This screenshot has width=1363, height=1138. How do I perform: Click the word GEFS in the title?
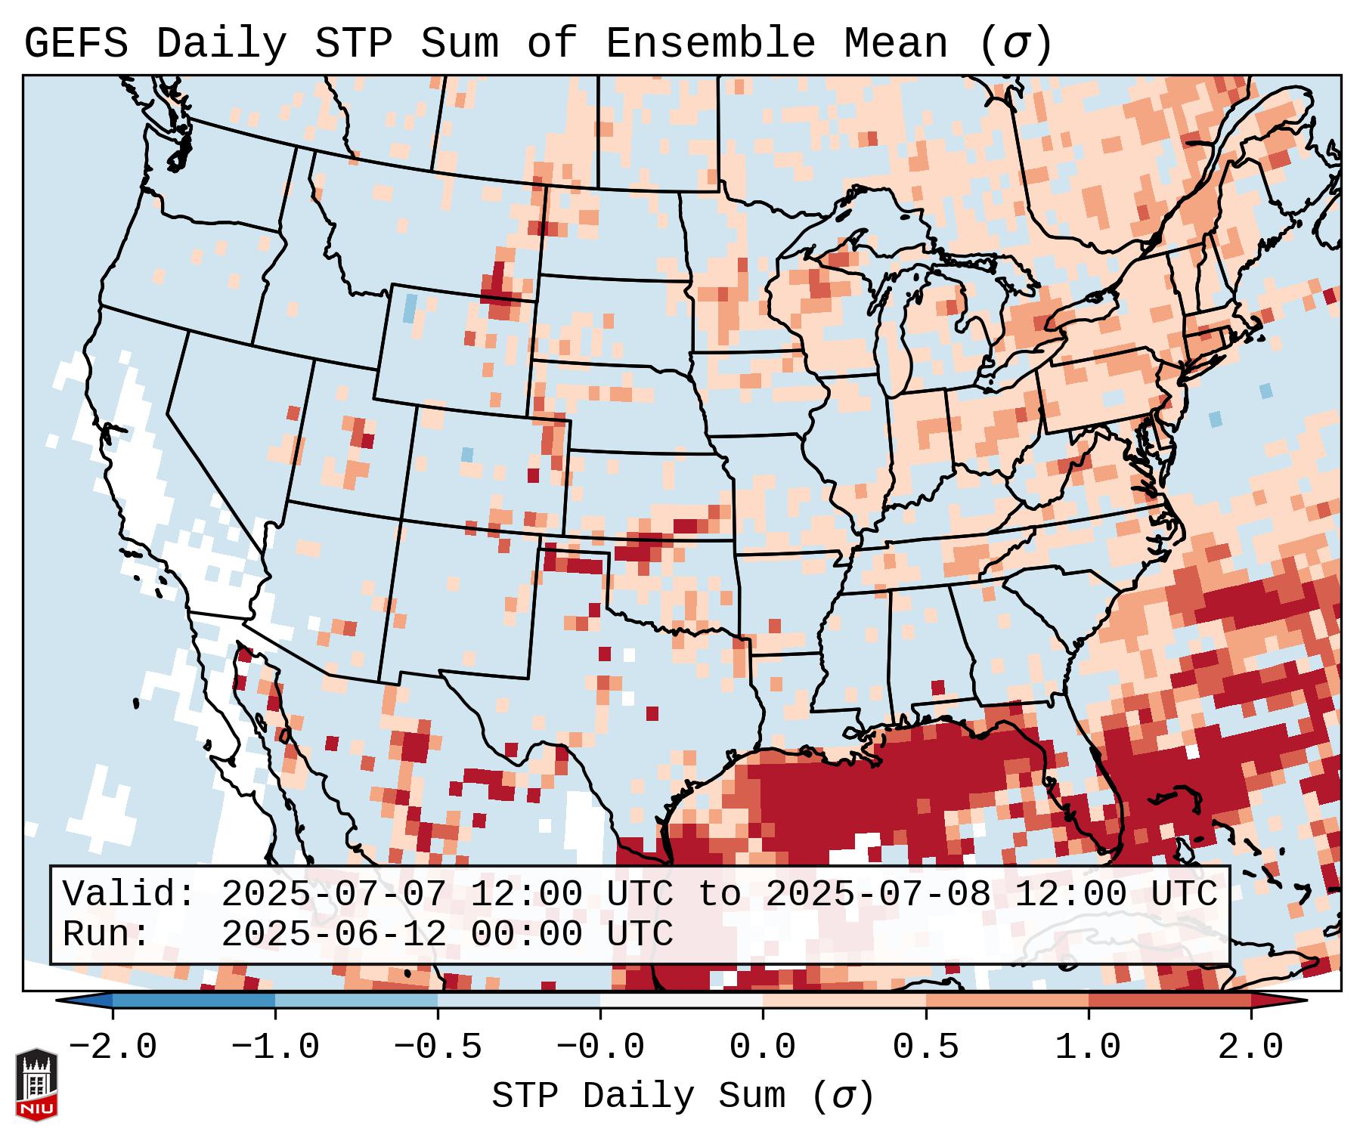click(x=76, y=44)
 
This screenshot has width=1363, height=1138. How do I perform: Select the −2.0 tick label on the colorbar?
click(x=113, y=1048)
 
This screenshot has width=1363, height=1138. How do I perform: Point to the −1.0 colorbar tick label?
click(x=274, y=1048)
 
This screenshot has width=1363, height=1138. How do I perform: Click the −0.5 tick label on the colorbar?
click(x=438, y=1048)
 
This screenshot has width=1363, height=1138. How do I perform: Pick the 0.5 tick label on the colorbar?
click(x=925, y=1048)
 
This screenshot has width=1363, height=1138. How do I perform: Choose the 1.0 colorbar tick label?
click(x=1089, y=1048)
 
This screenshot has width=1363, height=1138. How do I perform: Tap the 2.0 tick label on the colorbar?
click(x=1251, y=1048)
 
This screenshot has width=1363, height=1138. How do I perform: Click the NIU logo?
click(x=36, y=1084)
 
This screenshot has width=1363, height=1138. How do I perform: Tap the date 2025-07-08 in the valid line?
click(x=878, y=895)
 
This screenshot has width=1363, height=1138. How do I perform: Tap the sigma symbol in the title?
click(x=1015, y=44)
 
